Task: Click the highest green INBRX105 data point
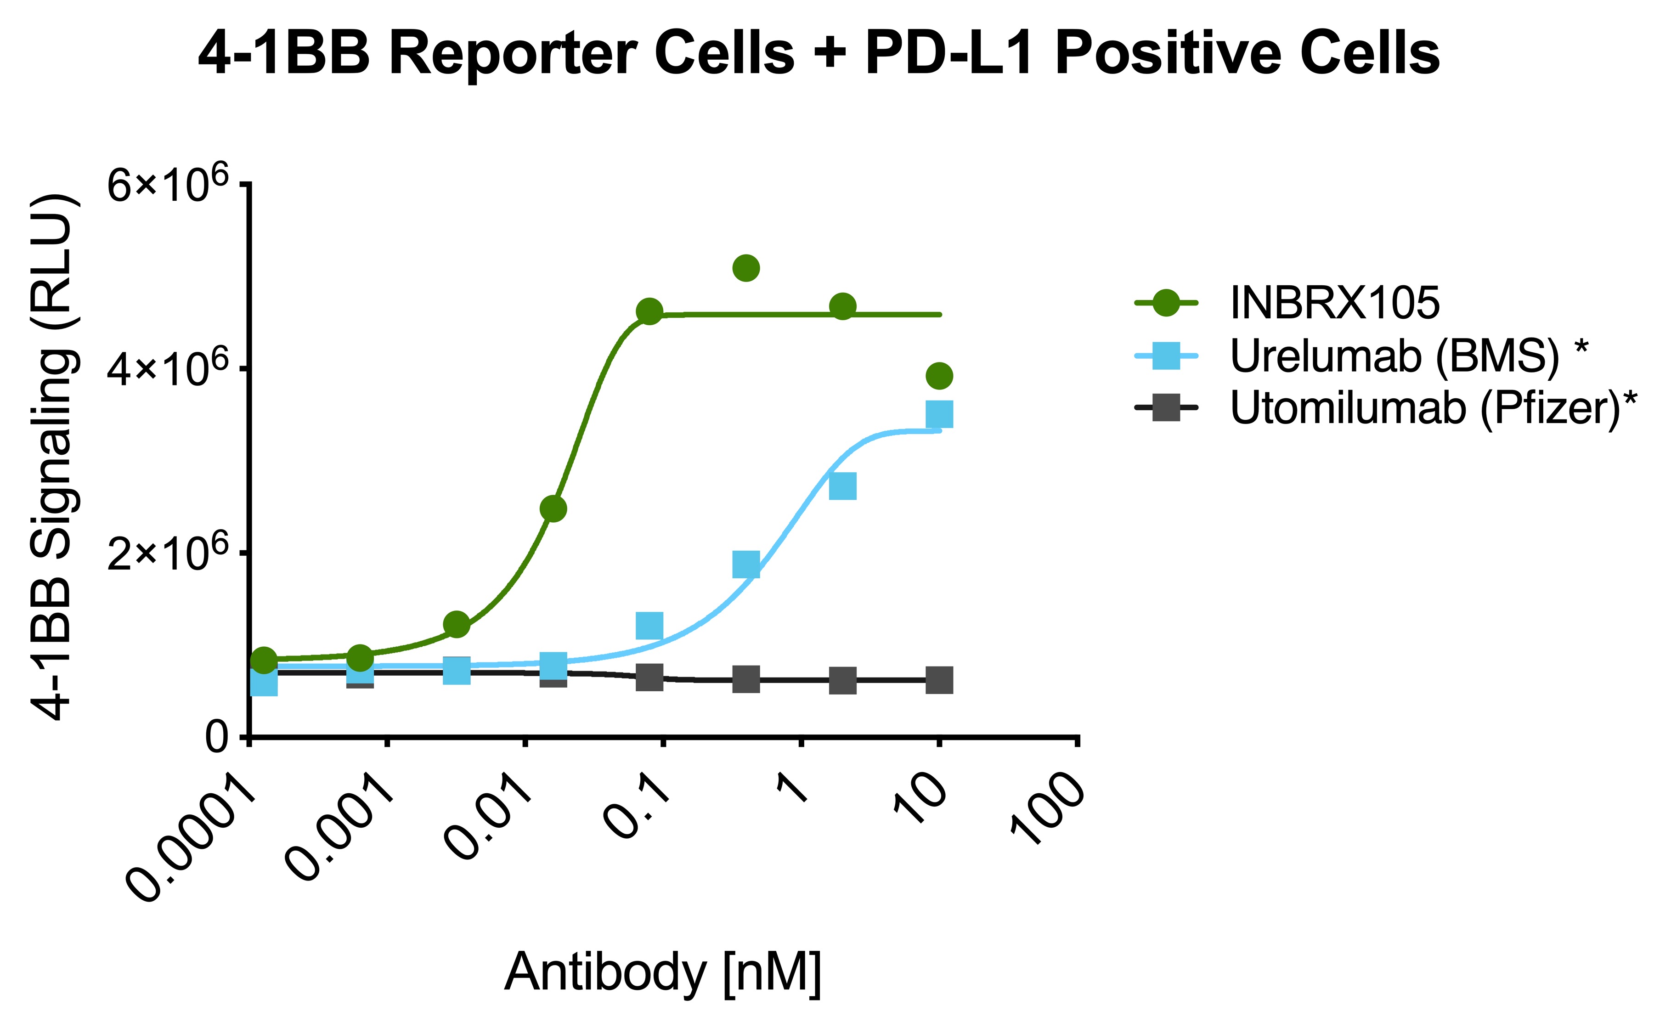tap(745, 268)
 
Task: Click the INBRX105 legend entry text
tap(1334, 303)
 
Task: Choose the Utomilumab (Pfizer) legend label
tap(1433, 408)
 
